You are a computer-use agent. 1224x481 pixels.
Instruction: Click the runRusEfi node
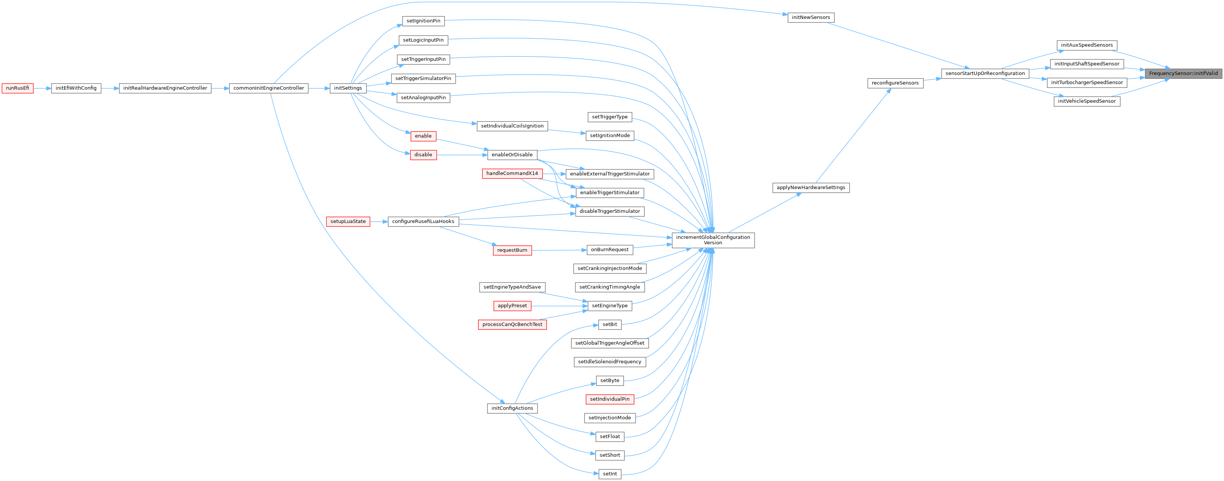[17, 88]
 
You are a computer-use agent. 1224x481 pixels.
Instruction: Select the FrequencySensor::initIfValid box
[1183, 73]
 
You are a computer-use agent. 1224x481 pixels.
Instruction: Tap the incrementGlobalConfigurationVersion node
[713, 240]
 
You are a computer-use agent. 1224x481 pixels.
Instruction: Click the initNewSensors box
[810, 17]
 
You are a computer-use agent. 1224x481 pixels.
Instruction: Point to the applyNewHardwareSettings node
[810, 187]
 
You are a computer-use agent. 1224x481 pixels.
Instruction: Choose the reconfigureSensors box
[895, 83]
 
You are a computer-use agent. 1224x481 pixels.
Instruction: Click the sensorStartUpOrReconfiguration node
[985, 73]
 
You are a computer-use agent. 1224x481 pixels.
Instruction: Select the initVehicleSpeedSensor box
[1087, 102]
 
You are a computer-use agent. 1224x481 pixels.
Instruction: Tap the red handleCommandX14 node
[512, 174]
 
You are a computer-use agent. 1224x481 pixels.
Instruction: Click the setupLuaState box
[348, 222]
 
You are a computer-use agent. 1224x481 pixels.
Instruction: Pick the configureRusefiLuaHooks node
[423, 222]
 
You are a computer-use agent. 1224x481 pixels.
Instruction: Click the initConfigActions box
[512, 408]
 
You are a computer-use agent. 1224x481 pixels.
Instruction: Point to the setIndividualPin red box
[610, 399]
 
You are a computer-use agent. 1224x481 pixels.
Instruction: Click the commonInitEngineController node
[268, 88]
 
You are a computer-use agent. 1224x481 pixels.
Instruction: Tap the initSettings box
[348, 88]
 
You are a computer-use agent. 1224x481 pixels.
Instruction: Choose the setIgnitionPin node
[423, 21]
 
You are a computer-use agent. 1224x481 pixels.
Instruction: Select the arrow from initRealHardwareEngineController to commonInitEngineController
[220, 88]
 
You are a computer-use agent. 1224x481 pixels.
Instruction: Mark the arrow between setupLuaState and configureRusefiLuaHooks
[379, 222]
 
